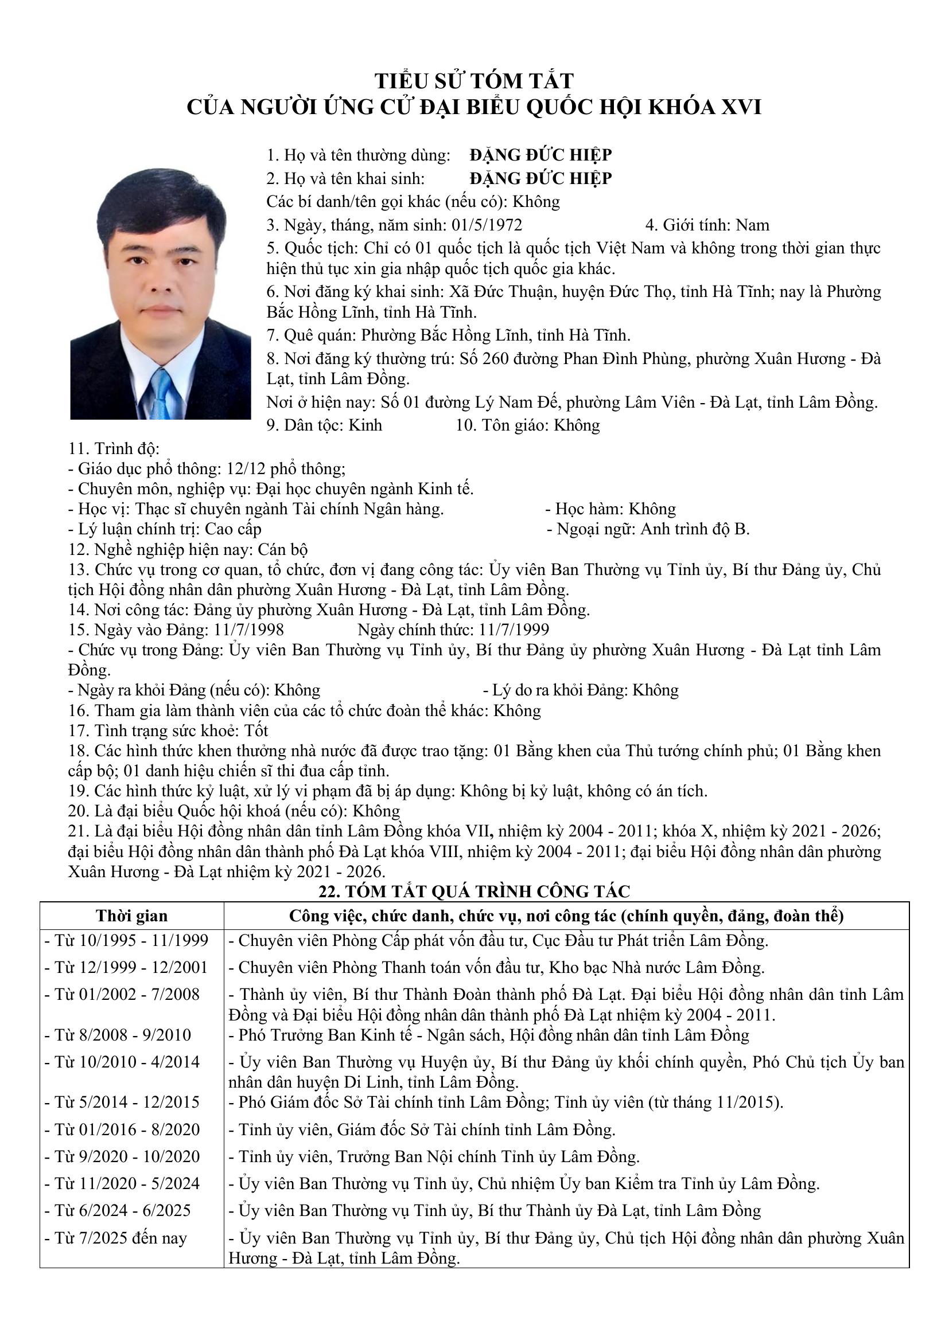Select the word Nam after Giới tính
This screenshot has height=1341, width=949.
[x=752, y=225]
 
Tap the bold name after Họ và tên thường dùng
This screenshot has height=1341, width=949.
[x=540, y=155]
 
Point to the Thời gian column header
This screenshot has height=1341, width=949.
[x=132, y=915]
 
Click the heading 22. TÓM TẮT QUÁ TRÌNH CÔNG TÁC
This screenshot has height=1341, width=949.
[x=474, y=892]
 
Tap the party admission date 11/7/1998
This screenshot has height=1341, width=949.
[x=249, y=629]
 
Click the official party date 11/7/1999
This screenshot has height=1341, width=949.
[x=514, y=629]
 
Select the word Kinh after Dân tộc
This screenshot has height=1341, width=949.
[x=365, y=425]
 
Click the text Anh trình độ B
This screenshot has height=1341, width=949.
[x=695, y=529]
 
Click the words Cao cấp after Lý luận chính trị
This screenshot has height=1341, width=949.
[x=232, y=529]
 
